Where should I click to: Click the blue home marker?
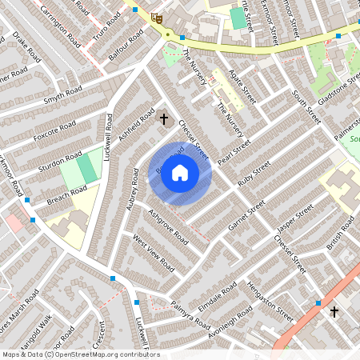(180, 173)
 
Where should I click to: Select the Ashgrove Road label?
(168, 227)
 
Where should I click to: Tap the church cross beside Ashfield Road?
(165, 119)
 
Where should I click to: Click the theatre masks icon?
(158, 17)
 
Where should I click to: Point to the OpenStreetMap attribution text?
(80, 354)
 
